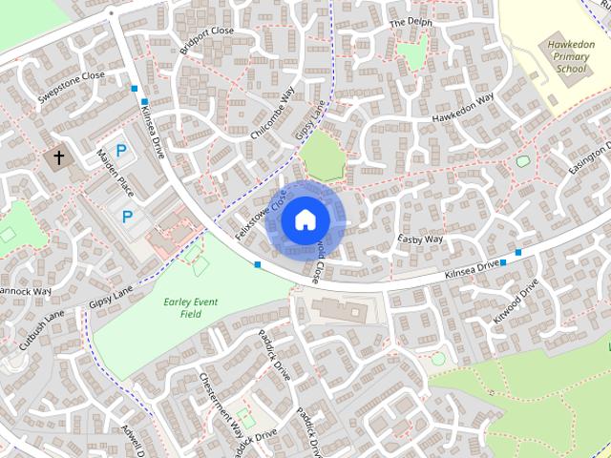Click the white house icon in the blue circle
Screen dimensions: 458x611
pyautogui.click(x=305, y=220)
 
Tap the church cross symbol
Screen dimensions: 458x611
pyautogui.click(x=59, y=156)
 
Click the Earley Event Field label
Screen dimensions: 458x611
pyautogui.click(x=191, y=307)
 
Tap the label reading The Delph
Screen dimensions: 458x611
pyautogui.click(x=411, y=22)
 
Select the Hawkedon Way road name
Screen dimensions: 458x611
pyautogui.click(x=462, y=109)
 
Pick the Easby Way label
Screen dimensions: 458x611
pyautogui.click(x=421, y=239)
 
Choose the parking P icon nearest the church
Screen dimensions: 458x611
pyautogui.click(x=121, y=150)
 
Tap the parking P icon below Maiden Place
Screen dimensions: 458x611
pyautogui.click(x=127, y=218)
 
